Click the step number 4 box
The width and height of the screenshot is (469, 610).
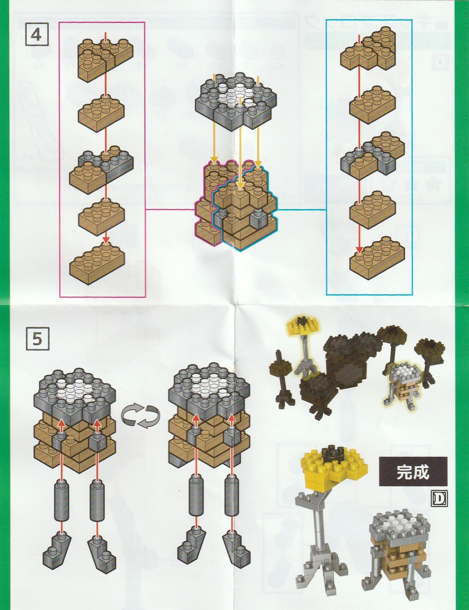[37, 34]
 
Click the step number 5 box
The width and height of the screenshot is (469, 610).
[37, 338]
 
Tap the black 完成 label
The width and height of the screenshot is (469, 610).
[413, 471]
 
